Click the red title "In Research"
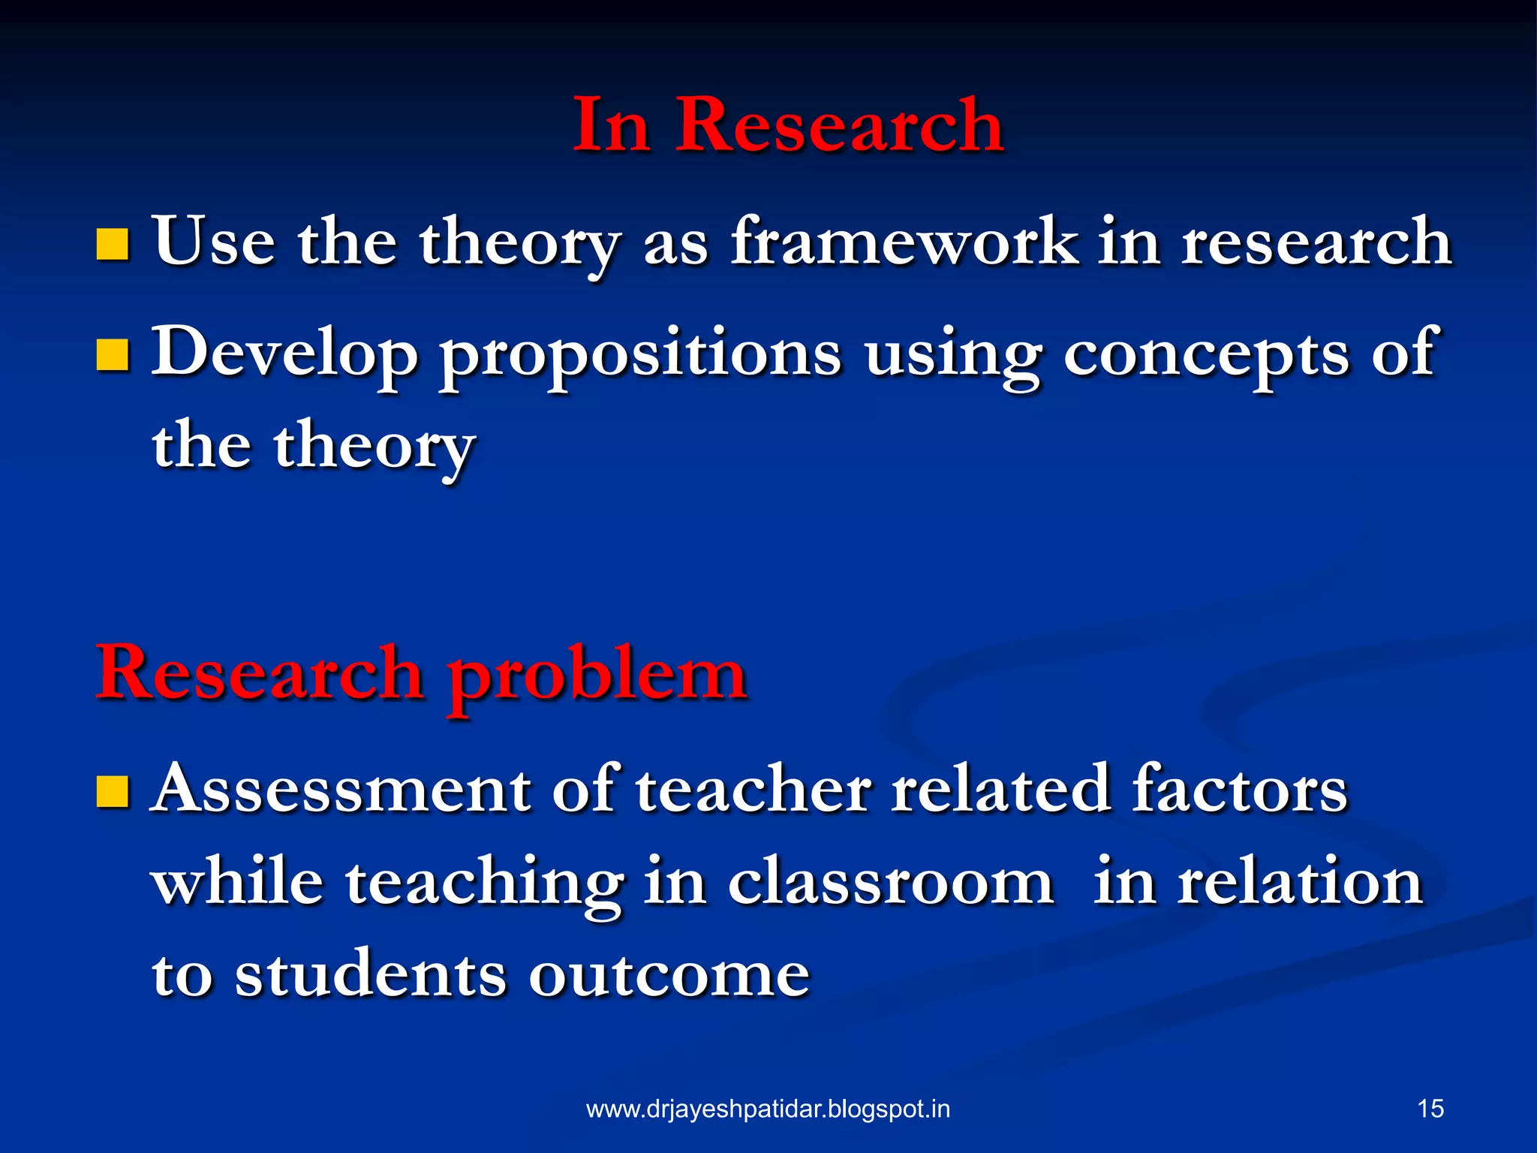[x=787, y=125]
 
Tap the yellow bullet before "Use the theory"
[x=113, y=245]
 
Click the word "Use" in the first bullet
[x=214, y=242]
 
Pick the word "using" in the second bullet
[x=952, y=357]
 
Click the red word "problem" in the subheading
[x=597, y=676]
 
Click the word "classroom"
[x=891, y=882]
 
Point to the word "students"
[x=371, y=974]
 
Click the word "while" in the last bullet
[x=238, y=882]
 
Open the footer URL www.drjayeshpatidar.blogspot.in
[x=768, y=1109]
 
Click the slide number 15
[x=1430, y=1109]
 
